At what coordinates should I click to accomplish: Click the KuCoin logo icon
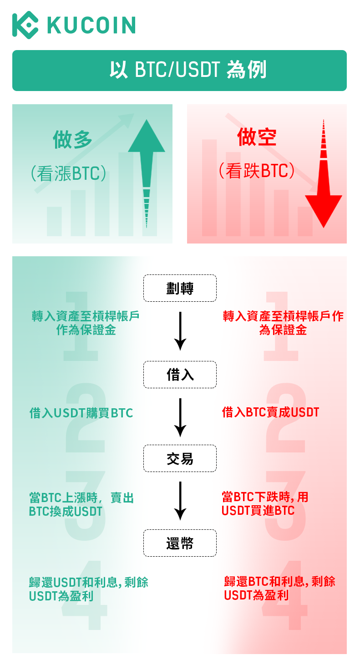pos(25,25)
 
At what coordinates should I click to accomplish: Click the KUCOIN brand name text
pos(91,25)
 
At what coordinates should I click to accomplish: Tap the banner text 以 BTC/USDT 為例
pos(179,71)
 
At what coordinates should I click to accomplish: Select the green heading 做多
pos(73,139)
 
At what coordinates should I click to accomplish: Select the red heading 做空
pos(257,136)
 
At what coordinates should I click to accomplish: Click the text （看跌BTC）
pos(256,171)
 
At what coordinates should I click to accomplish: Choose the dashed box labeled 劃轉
pos(180,288)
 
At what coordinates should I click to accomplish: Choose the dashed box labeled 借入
pos(180,375)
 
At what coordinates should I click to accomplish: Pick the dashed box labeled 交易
pos(180,458)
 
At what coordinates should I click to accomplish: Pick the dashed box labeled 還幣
pos(180,543)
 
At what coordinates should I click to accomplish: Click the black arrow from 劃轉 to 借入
pos(181,331)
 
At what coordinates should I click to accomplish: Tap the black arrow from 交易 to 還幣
pos(181,501)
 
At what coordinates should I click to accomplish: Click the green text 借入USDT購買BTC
pos(81,413)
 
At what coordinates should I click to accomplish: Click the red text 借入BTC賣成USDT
pos(270,412)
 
